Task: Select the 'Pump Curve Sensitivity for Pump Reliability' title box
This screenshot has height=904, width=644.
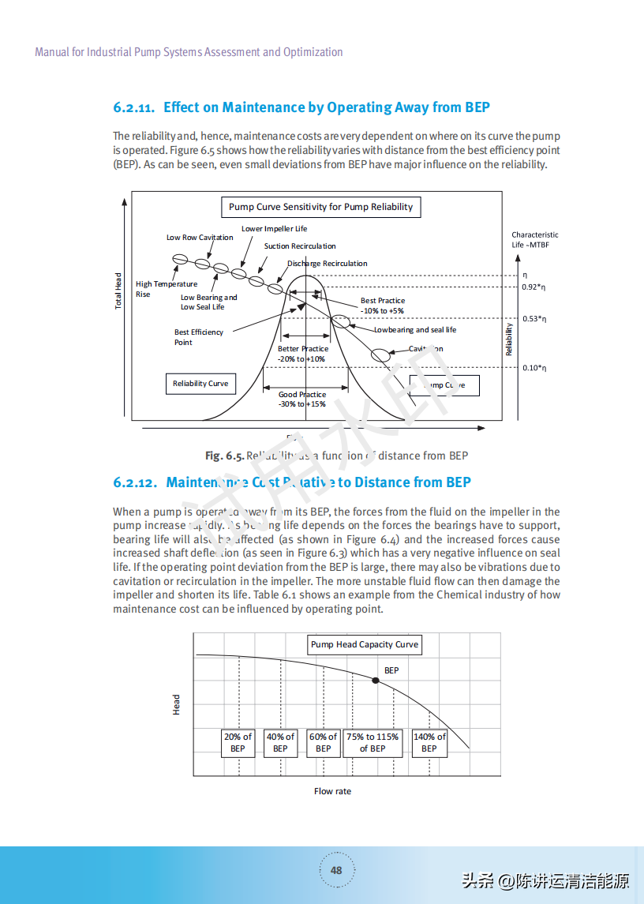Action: pos(320,207)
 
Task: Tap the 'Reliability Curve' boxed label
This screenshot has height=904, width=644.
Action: pos(200,384)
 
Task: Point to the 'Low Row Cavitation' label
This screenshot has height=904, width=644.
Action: pos(200,238)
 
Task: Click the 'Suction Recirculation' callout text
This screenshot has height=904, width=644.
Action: pos(300,246)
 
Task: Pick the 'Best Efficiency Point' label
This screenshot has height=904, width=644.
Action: pos(199,337)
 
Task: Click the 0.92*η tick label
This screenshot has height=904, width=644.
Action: pos(534,287)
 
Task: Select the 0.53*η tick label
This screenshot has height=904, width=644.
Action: pos(534,319)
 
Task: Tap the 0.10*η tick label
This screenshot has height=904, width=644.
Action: pos(534,368)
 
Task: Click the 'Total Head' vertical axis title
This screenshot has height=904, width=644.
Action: pos(119,291)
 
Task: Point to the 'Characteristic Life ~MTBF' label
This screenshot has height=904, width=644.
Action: pos(534,240)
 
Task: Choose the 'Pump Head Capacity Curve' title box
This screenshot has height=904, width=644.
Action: pos(365,645)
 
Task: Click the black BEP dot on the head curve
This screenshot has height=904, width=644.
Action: pos(376,680)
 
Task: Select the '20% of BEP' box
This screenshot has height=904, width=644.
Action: pos(238,742)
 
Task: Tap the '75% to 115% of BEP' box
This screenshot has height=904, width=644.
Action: pos(373,742)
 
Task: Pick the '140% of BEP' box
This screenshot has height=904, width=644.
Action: pos(429,742)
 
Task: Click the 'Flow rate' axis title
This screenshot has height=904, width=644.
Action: pos(332,791)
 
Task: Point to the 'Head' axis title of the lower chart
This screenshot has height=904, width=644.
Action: pos(177,705)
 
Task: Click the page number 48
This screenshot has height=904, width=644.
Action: pos(336,870)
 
